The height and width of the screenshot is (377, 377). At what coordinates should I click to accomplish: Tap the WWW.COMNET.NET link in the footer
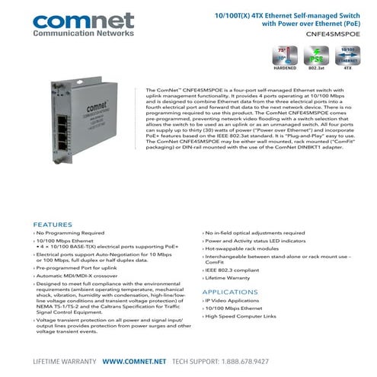[x=135, y=360]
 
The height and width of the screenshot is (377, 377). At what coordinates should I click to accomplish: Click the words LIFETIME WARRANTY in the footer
[x=65, y=360]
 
